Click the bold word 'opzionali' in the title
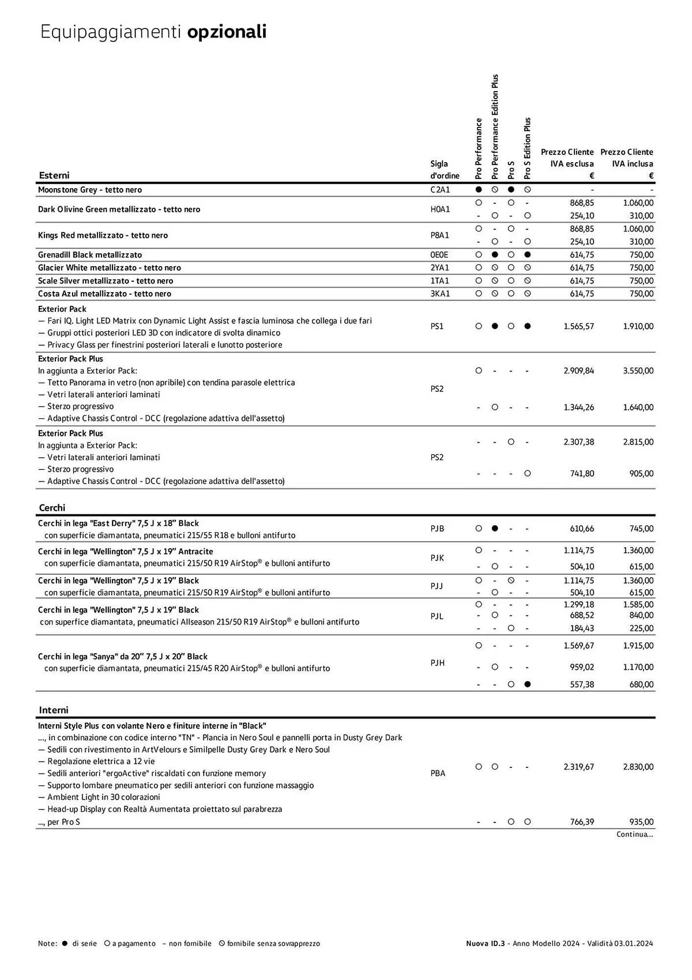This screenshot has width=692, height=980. point(227,32)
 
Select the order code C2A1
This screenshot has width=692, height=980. point(440,190)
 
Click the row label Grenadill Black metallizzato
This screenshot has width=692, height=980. point(90,255)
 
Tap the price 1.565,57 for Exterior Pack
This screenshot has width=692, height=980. point(578,326)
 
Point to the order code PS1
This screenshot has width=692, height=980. point(437,326)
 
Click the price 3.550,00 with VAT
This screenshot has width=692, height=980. point(638,371)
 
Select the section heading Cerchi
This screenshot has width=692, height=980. point(52,508)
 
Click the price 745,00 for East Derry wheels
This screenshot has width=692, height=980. point(641,529)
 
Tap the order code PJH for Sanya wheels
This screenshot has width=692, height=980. point(437,663)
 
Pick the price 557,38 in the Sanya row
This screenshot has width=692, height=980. point(582,685)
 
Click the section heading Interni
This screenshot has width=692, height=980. point(53,710)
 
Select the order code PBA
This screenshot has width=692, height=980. point(437,773)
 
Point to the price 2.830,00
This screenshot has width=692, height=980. point(638,767)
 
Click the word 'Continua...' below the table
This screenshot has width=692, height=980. point(634,834)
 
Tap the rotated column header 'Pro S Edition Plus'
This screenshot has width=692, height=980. point(527,148)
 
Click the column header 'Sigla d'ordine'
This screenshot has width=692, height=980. point(444,170)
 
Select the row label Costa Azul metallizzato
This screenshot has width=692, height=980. point(104,294)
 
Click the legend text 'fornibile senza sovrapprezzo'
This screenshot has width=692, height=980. point(273,943)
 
